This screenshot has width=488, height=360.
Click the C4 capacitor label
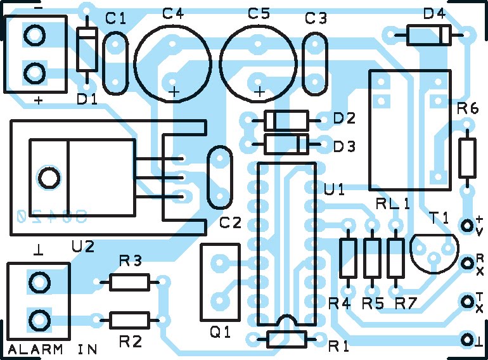point(173,13)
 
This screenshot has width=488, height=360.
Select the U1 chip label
point(334,190)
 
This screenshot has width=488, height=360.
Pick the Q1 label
point(220,331)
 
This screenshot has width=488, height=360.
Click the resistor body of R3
point(130,282)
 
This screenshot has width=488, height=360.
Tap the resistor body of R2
point(130,319)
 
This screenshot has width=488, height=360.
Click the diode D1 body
point(86,50)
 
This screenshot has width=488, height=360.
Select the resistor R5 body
point(372,258)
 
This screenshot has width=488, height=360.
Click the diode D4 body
point(428,34)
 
